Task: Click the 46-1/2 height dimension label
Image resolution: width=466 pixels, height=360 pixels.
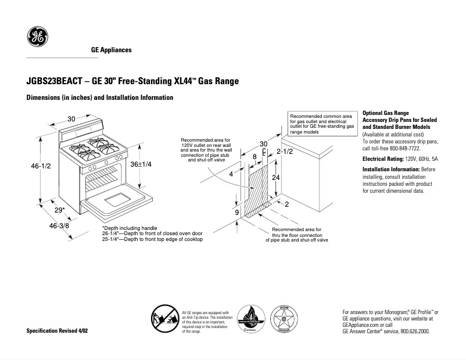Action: click(41, 166)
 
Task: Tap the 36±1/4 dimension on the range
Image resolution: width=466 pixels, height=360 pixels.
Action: click(141, 164)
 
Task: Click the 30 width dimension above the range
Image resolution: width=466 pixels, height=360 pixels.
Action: click(71, 119)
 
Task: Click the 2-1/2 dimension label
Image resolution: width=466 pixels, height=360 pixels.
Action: click(284, 152)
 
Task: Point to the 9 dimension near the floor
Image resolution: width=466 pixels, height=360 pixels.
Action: click(236, 213)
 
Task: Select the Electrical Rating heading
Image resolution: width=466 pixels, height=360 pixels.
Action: click(383, 158)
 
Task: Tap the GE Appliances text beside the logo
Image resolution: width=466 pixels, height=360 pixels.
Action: click(111, 50)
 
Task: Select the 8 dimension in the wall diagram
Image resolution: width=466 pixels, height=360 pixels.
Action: click(254, 157)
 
